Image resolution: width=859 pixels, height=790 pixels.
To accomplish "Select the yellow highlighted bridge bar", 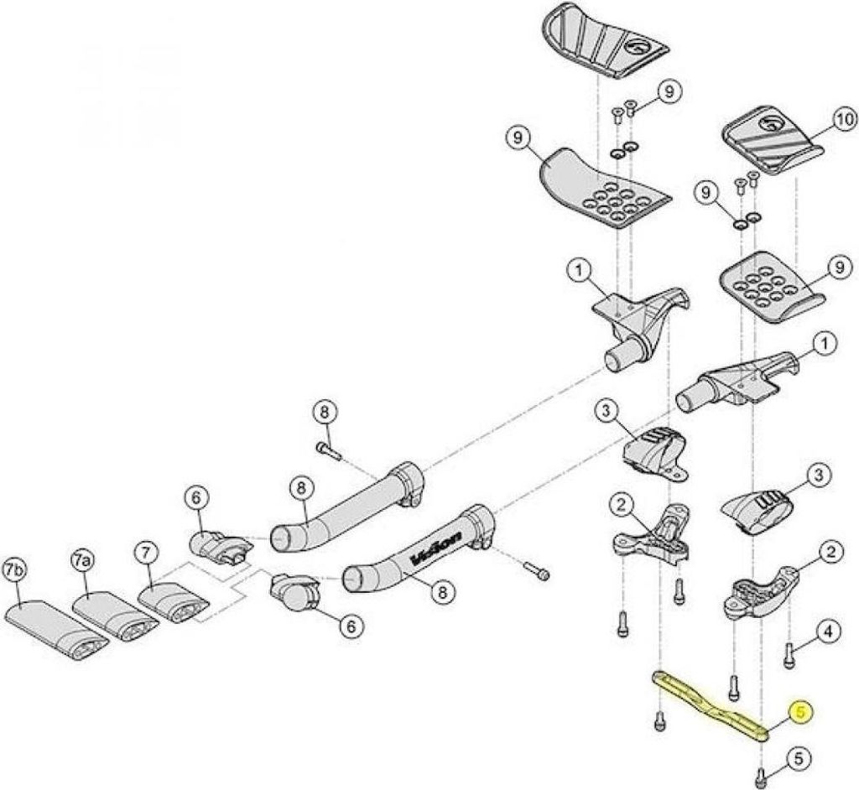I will pos(710,704).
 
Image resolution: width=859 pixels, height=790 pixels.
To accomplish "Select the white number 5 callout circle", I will pos(798,758).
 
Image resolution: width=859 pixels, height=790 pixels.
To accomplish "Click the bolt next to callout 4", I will pos(789,657).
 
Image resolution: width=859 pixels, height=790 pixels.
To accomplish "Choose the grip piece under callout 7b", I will pos(57,628).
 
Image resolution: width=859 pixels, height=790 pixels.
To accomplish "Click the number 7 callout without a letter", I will pos(146,553).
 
